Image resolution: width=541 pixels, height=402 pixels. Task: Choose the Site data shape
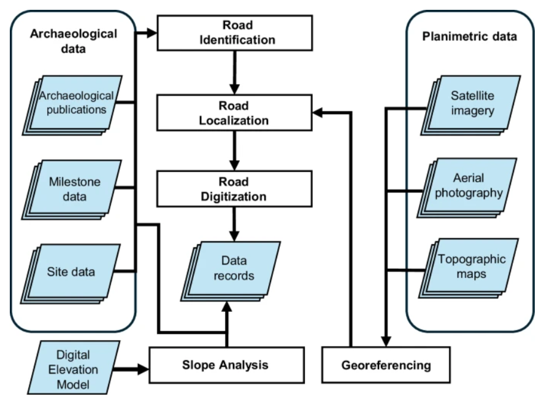coord(74,271)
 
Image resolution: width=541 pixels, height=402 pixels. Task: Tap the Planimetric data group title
coord(470,36)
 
